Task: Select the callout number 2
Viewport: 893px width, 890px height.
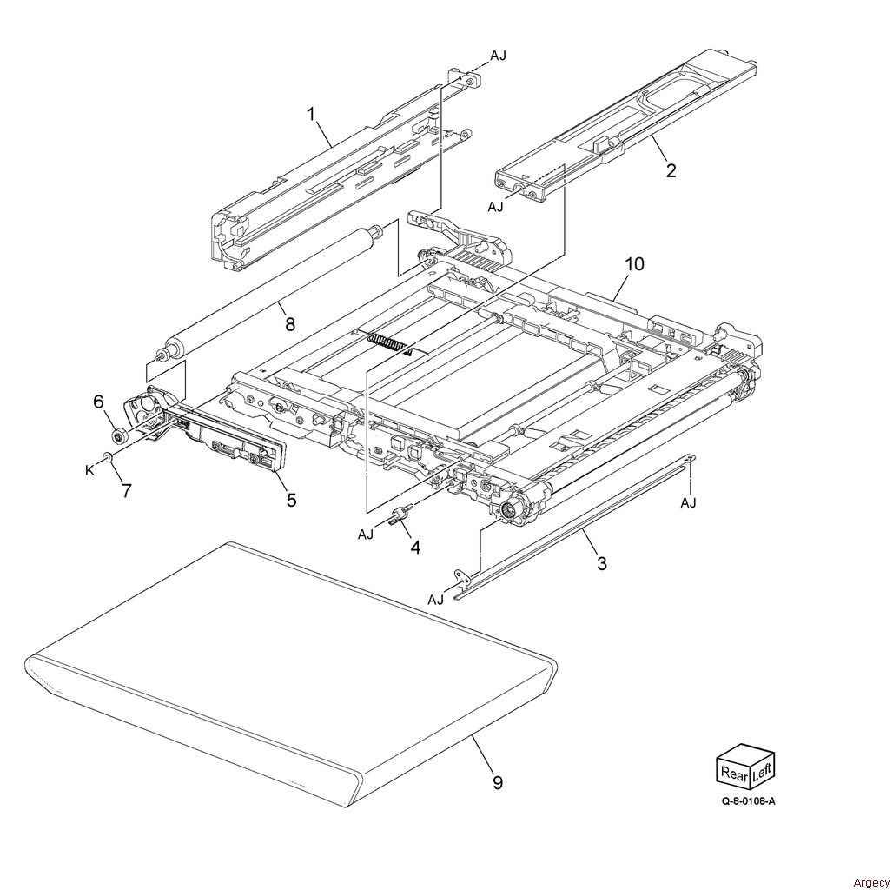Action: (x=671, y=170)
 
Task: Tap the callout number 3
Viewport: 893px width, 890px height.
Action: (x=601, y=563)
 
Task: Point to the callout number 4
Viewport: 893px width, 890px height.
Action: (x=415, y=548)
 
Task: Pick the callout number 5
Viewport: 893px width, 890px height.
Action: (x=291, y=500)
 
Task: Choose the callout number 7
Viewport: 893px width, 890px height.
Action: (x=127, y=490)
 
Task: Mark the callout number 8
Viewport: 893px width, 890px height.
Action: (x=290, y=324)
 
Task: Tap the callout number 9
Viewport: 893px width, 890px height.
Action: (x=498, y=782)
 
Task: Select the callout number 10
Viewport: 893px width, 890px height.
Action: (x=635, y=263)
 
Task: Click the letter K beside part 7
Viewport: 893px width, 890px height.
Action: (x=89, y=470)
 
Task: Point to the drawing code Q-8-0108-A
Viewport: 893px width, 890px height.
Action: (x=747, y=801)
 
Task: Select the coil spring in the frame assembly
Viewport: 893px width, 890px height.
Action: (x=387, y=342)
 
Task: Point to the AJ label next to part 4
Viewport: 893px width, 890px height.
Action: (x=366, y=535)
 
